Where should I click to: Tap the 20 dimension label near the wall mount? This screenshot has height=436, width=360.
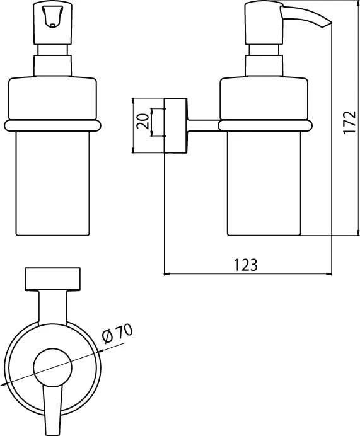[x=142, y=121]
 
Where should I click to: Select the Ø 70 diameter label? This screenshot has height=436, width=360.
[x=118, y=335]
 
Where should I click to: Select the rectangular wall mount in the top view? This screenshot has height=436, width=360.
[x=52, y=278]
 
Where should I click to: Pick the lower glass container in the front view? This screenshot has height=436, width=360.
[x=52, y=183]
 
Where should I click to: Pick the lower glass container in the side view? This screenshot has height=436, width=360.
[x=265, y=183]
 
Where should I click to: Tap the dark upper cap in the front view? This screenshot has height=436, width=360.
[x=52, y=96]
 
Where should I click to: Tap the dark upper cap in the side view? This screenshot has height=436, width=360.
[x=265, y=96]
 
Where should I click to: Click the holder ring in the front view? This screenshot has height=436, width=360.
[x=52, y=125]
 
